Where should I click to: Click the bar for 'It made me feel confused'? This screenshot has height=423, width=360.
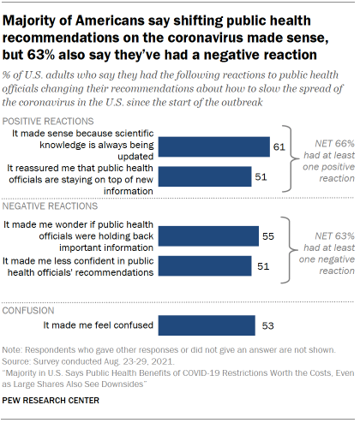point(207,326)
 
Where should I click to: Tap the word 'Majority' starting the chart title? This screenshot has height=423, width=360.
point(33,13)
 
